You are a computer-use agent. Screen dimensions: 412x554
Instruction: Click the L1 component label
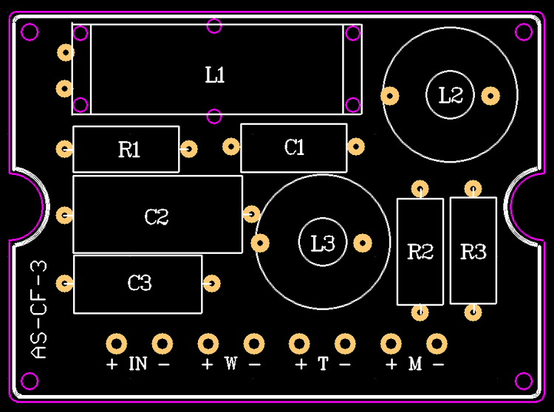coord(215,75)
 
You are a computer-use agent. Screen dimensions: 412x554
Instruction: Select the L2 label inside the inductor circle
coord(451,95)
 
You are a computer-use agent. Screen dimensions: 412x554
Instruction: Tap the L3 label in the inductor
coord(324,242)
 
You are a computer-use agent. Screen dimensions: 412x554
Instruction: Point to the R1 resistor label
coord(129,151)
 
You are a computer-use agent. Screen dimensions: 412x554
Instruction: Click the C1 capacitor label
coord(295,148)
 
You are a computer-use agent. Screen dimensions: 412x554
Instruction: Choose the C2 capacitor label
coord(157,217)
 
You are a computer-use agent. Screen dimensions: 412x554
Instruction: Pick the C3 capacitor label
coord(140,282)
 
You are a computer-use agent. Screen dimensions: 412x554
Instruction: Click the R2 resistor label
coord(420,253)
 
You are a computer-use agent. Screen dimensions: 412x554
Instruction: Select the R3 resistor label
coord(473,253)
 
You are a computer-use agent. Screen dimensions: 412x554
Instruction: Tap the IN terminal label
coord(138,363)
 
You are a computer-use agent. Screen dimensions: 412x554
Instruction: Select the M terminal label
coord(414,363)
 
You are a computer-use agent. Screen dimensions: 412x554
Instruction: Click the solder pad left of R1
coord(65,148)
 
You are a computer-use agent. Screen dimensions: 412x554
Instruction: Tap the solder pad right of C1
coord(357,146)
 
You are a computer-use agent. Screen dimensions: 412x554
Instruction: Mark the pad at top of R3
coord(472,188)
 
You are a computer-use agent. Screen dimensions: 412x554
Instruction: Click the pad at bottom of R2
coord(420,312)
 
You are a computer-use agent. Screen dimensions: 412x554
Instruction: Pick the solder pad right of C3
coord(213,282)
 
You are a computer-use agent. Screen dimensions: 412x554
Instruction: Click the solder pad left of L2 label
coord(389,95)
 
